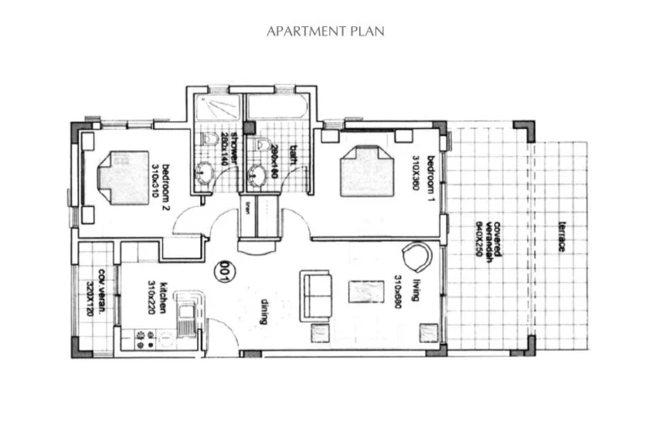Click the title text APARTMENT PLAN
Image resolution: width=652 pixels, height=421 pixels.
coord(325,31)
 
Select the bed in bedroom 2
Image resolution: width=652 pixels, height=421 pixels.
coord(123,177)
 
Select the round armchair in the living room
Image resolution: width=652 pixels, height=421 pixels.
coord(416,255)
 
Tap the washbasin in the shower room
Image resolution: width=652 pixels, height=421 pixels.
coord(205,174)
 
